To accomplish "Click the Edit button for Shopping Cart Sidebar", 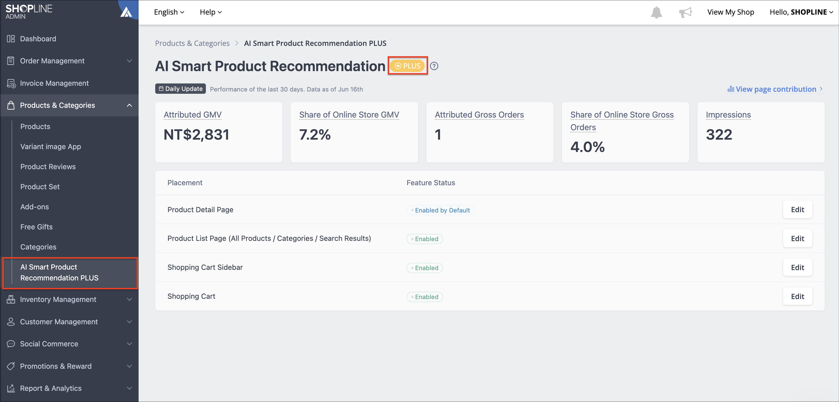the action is click(x=797, y=267).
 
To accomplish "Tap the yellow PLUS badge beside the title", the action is click(x=407, y=66).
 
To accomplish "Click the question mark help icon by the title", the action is click(x=434, y=66).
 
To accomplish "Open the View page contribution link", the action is click(x=775, y=89).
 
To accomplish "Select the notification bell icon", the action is click(x=656, y=12).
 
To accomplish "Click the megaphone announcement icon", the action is click(x=685, y=12).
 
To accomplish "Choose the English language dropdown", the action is click(x=169, y=12).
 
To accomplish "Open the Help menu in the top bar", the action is click(x=211, y=12).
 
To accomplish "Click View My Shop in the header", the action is click(x=730, y=12).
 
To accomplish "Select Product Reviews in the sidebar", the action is click(x=48, y=167).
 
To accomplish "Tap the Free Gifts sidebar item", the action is click(x=36, y=227).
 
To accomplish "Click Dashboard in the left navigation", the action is click(x=38, y=39).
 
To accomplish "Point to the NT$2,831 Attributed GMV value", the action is click(x=196, y=135).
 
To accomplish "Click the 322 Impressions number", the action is click(x=719, y=135).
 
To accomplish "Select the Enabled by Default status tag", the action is click(x=440, y=210).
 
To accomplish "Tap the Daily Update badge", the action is click(x=180, y=89).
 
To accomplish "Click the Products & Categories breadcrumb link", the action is click(x=192, y=43).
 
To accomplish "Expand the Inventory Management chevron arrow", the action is click(x=129, y=299).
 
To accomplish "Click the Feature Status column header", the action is click(x=431, y=183).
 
